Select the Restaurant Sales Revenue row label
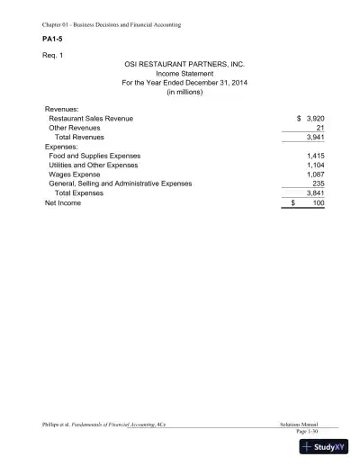pos(91,119)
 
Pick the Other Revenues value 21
pos(319,128)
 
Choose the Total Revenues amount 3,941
pos(314,138)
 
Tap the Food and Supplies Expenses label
pos(94,156)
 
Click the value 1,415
pos(314,156)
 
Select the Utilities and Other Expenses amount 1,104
pos(314,166)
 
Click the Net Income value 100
pos(318,203)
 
